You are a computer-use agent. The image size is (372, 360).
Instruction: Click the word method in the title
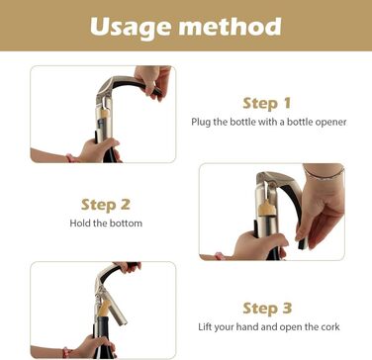pos(231,26)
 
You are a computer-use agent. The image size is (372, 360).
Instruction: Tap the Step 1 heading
pos(267,104)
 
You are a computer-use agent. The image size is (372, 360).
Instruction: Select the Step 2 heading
pos(106,205)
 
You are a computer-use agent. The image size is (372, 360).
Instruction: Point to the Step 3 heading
pos(267,309)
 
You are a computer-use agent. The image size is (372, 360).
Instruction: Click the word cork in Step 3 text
pos(329,327)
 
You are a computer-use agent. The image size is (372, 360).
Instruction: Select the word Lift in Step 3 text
pos(205,327)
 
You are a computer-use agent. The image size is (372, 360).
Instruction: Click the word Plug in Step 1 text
pos(199,123)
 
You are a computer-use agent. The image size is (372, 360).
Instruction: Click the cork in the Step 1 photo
pos(105,114)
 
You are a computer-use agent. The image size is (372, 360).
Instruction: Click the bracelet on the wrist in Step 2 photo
pos(324,173)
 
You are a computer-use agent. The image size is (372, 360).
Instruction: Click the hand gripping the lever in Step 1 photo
pos(153,81)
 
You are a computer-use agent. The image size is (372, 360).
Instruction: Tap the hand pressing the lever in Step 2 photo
pos(320,208)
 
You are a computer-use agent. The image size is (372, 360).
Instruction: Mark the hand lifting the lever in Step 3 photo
pos(128,266)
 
